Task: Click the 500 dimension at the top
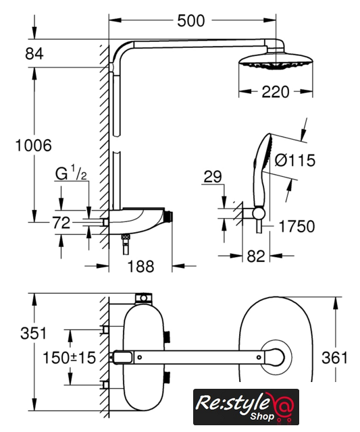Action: pos(191,21)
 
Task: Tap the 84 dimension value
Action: pos(34,53)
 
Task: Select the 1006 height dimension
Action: pos(33,145)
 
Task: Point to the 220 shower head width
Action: pos(276,92)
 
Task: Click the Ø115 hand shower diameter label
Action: pos(294,160)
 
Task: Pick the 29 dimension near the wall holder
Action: pos(213,177)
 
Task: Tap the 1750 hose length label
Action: pos(297,226)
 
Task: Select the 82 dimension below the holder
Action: pos(256,256)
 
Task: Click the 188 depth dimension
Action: pos(141,267)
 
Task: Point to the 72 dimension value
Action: pos(61,223)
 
